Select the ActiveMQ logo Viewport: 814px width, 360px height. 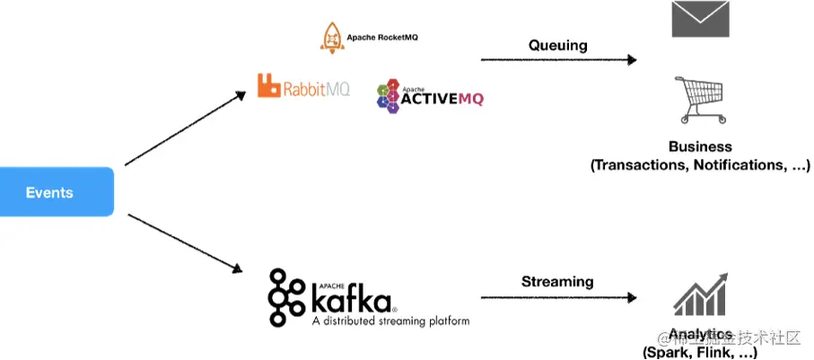coord(430,95)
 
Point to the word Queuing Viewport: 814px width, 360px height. coord(557,45)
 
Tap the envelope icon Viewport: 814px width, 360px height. coord(700,19)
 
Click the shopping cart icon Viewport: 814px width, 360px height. coord(701,99)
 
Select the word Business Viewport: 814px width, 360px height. coord(700,146)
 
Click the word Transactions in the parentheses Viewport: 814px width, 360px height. coord(639,165)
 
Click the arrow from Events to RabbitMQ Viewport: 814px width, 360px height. coord(185,128)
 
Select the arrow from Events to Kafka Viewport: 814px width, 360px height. coord(185,242)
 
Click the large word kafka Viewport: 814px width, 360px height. coord(351,294)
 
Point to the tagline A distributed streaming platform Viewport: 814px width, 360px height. coord(389,320)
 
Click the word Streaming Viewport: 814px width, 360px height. coord(557,281)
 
